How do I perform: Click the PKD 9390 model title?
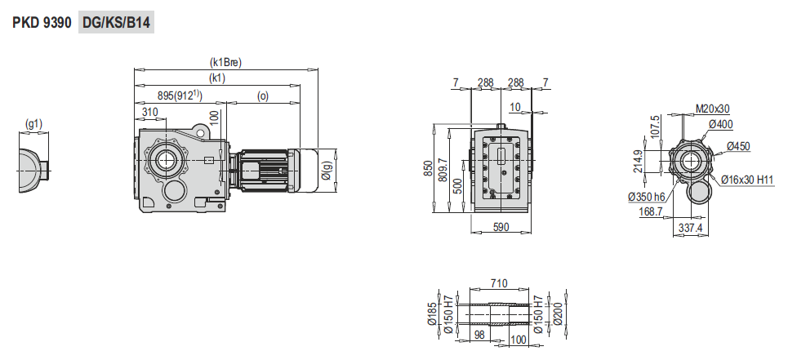tap(42, 23)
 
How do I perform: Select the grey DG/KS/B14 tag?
tap(116, 23)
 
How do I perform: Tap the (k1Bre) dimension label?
tap(225, 63)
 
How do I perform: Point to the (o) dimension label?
tap(263, 96)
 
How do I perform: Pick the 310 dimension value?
tap(149, 112)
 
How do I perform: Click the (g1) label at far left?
tap(33, 124)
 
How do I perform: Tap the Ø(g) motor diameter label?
tap(327, 171)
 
